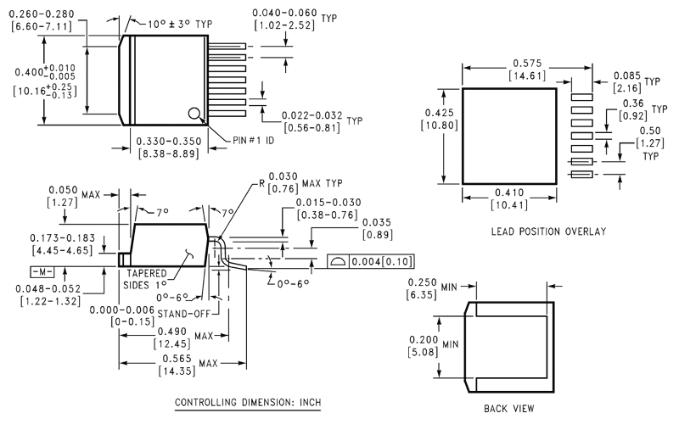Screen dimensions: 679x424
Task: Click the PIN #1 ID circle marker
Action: [194, 114]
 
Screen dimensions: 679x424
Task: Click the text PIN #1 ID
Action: [253, 141]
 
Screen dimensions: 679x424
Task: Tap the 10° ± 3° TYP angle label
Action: [180, 24]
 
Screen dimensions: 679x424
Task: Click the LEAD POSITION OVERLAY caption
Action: [548, 232]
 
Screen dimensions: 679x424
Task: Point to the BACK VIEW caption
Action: [509, 409]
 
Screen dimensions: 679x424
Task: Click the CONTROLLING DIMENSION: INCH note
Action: [248, 402]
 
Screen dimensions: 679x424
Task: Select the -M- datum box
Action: [42, 272]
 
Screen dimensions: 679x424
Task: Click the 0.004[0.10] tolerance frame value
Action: [381, 262]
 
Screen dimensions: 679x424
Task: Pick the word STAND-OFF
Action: [183, 313]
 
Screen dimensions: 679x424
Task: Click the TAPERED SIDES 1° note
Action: [145, 280]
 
